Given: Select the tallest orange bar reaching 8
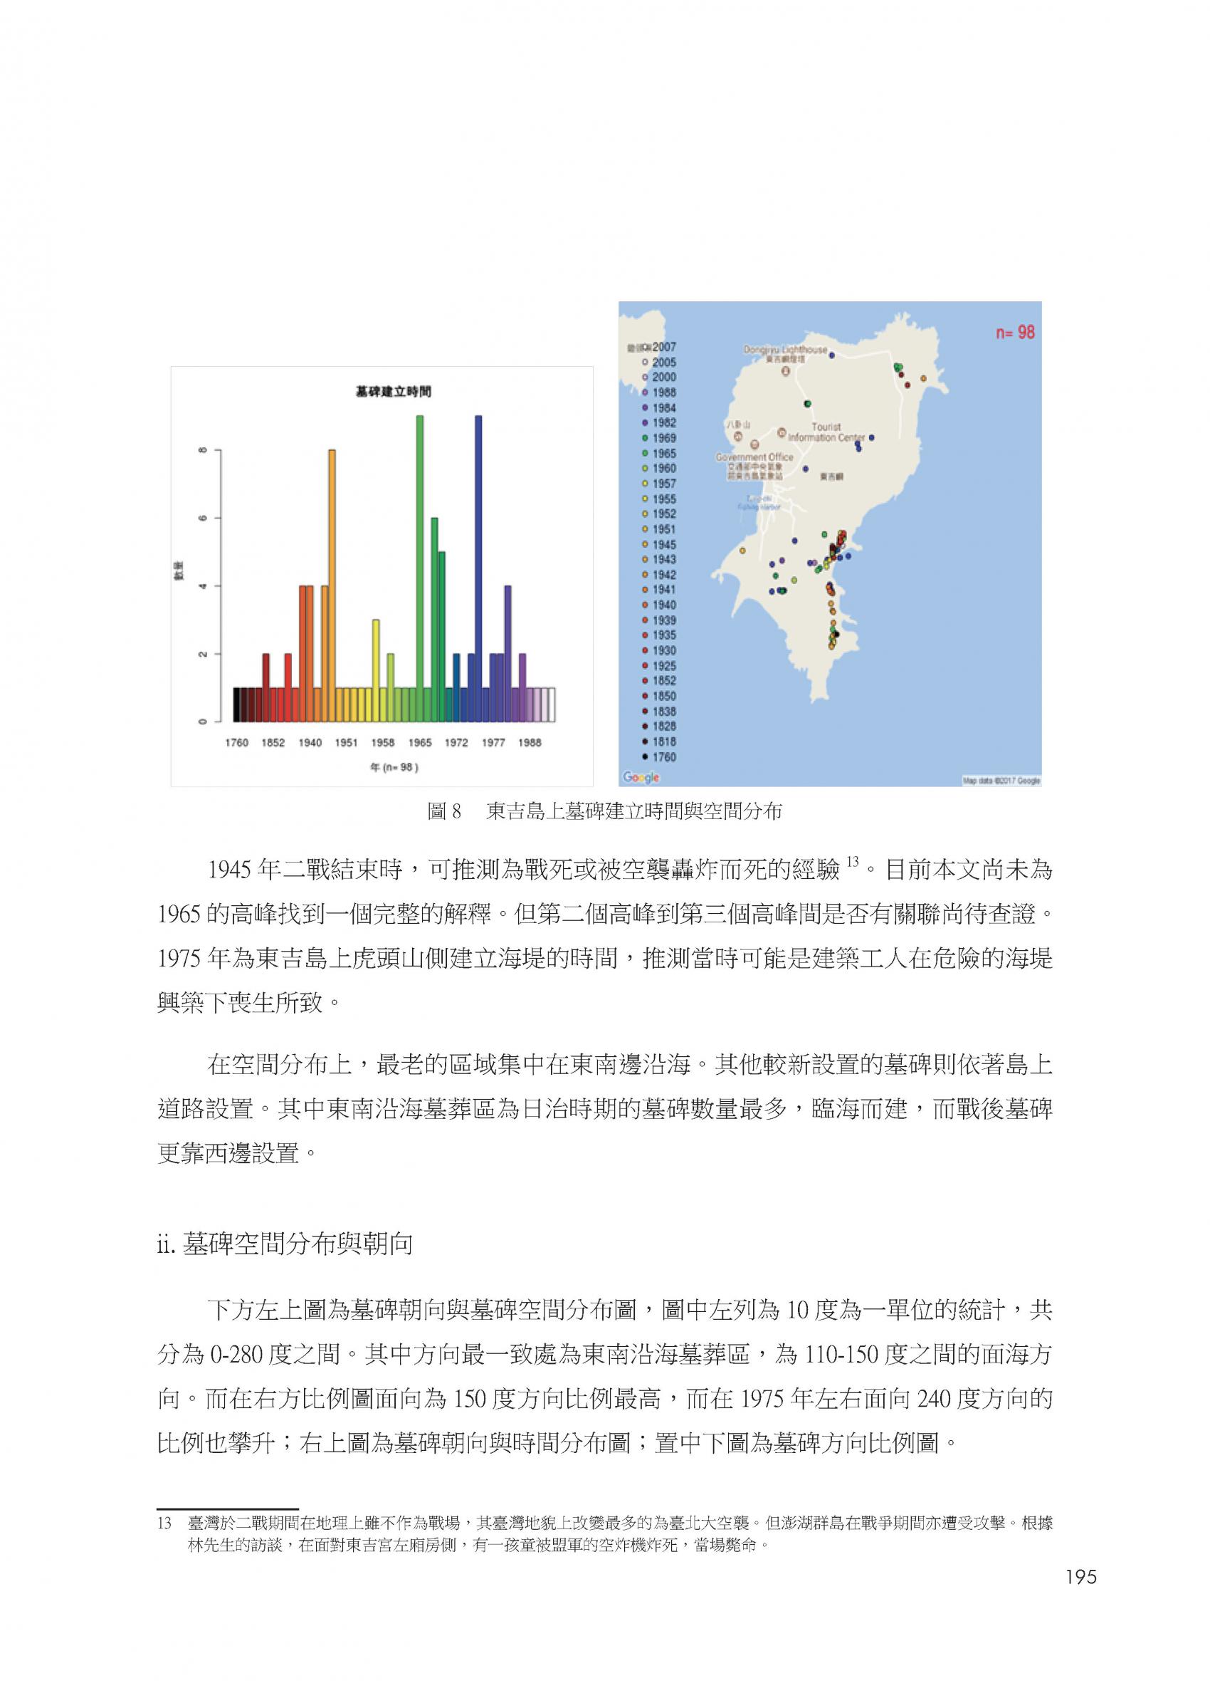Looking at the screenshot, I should pos(332,585).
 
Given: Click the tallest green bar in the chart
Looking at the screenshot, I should pos(419,568).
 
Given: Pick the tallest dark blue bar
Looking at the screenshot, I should pos(478,568).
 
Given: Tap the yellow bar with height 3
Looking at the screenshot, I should pos(377,670).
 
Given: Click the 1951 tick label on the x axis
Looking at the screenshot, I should pos(346,742).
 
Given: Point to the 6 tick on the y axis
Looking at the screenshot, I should pos(201,517).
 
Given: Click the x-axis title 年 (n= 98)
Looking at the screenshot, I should pos(394,767).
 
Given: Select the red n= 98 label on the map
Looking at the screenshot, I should pos(1015,333).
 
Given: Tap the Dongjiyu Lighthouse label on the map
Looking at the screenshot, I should pos(784,350).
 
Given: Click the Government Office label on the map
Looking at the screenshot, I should pos(754,457).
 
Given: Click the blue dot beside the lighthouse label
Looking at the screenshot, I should pos(831,355).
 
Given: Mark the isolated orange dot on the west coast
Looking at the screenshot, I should pos(742,550).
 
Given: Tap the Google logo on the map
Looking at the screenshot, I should pos(641,778).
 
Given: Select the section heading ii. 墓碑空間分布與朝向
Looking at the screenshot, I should pos(285,1244).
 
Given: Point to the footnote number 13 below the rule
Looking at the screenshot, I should pos(164,1522).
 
